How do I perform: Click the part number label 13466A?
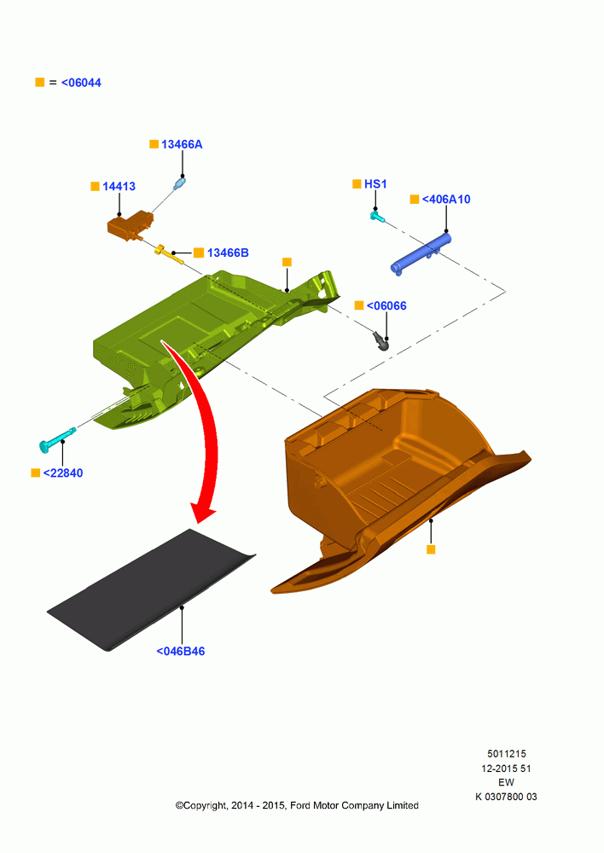(182, 144)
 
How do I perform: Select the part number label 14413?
(119, 186)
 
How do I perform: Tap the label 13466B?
(228, 252)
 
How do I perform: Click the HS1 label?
(375, 184)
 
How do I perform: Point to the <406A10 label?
(446, 199)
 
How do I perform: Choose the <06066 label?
(386, 305)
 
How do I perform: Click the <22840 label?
(63, 473)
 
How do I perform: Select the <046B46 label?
(181, 651)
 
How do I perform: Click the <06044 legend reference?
(81, 83)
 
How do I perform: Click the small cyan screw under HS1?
(377, 217)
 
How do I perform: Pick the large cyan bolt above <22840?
(57, 439)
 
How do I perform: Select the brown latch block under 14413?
(130, 225)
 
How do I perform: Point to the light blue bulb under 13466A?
(179, 183)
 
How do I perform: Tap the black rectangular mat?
(151, 589)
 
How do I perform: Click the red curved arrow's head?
(201, 512)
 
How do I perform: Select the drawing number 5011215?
(507, 753)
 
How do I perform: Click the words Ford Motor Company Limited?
(354, 805)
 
